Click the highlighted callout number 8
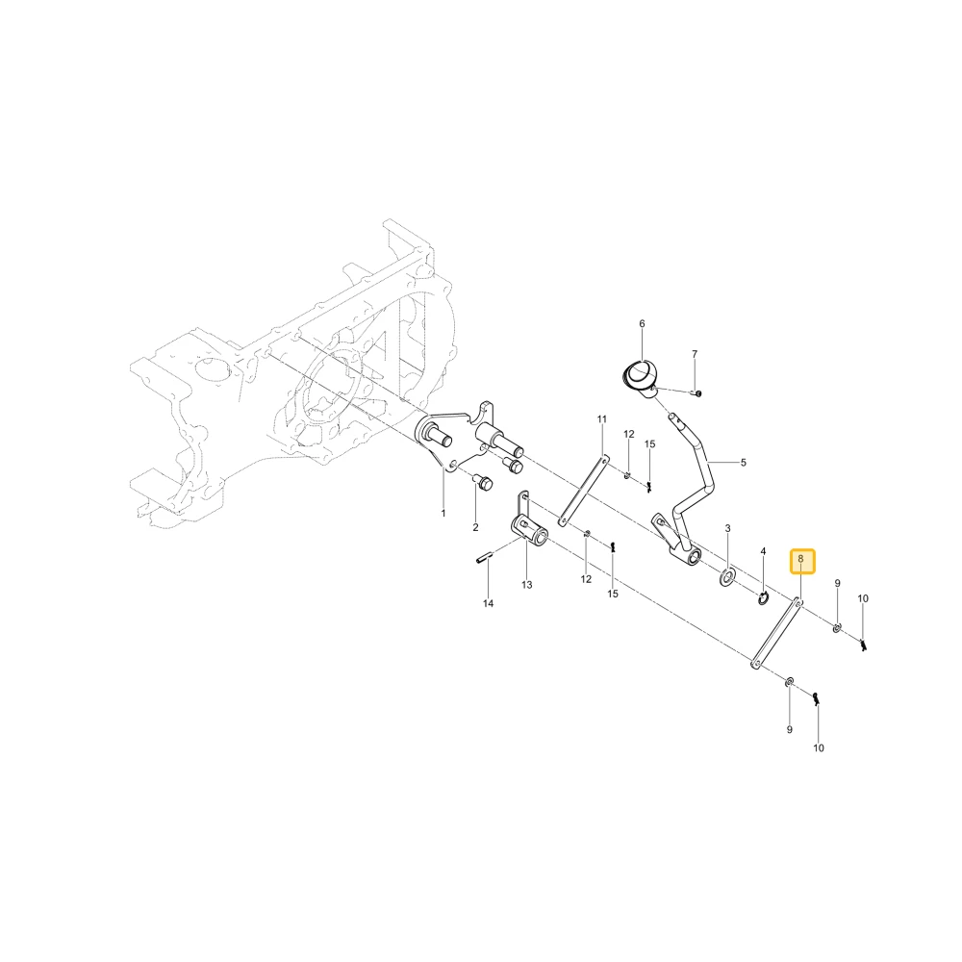[800, 560]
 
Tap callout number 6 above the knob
[642, 324]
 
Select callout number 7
[695, 355]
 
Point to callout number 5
[743, 463]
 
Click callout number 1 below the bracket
[443, 514]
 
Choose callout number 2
[475, 527]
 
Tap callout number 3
[727, 528]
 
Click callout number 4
[763, 551]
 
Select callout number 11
[602, 419]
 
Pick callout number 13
[527, 585]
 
